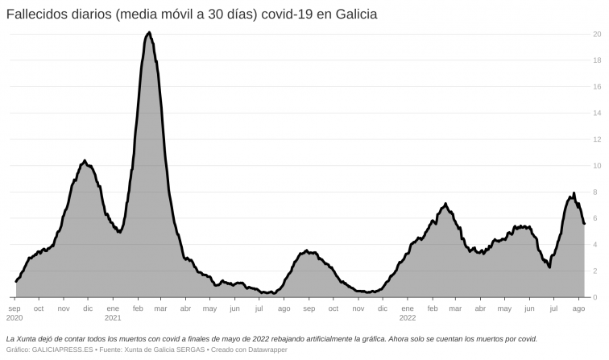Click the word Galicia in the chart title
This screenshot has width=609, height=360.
coord(354,14)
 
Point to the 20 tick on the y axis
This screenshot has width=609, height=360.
coord(596,34)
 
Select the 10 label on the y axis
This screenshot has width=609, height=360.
coord(596,166)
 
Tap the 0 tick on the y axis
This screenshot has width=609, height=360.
coord(596,297)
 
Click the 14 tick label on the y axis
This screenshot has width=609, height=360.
coord(596,113)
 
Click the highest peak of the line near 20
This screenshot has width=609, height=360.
coord(149,32)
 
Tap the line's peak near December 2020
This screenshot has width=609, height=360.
coord(85,161)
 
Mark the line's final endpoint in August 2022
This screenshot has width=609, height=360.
coord(584,224)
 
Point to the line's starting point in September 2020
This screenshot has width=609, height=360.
coord(16,282)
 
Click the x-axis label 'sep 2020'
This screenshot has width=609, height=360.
coord(14,312)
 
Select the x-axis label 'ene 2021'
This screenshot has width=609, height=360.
coord(113,312)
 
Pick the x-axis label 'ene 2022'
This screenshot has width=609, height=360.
coord(407,312)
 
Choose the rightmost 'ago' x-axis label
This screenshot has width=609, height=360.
coord(578,308)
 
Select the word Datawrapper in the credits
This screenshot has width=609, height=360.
coord(265,350)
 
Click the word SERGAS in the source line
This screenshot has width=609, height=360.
coord(184,350)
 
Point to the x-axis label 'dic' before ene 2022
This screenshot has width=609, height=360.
coord(382,308)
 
